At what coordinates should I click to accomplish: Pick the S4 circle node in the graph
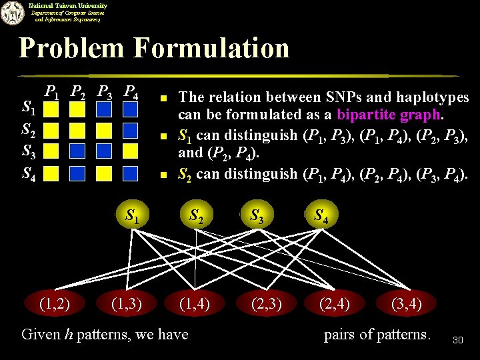coord(321,215)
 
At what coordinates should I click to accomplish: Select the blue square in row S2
coord(131,129)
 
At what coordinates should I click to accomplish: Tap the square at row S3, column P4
coord(131,151)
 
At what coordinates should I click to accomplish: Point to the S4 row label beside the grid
coord(29,174)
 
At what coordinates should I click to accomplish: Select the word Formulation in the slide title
coord(211,48)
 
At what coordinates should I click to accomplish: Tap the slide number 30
coord(457,341)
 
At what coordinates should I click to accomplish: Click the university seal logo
coord(11,13)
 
